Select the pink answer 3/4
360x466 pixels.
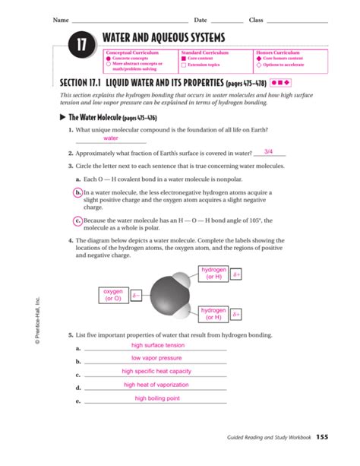[x=268, y=151]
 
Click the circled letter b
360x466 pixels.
[x=78, y=193]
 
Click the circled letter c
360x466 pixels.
[x=78, y=221]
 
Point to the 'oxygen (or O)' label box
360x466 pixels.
[x=112, y=295]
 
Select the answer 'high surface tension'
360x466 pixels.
[x=157, y=345]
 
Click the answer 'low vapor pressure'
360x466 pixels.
[x=156, y=358]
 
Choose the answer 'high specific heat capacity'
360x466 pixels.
[x=156, y=372]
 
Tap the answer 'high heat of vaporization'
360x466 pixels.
[x=156, y=385]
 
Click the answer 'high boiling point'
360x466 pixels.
[x=156, y=398]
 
